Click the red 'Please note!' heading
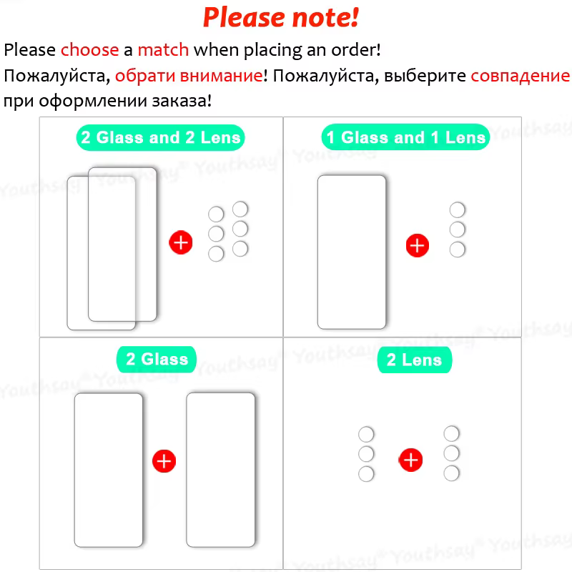281,17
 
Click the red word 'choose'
90,49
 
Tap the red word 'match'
163,49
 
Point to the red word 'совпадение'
521,76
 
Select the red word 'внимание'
221,76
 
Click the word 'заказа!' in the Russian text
182,101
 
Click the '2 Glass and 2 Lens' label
160,137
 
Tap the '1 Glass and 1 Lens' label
405,137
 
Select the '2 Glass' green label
157,360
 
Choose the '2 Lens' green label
415,360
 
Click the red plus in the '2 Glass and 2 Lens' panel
181,242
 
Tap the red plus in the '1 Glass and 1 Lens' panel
418,245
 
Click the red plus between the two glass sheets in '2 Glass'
164,460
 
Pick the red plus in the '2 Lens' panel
410,460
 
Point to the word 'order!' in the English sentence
356,49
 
